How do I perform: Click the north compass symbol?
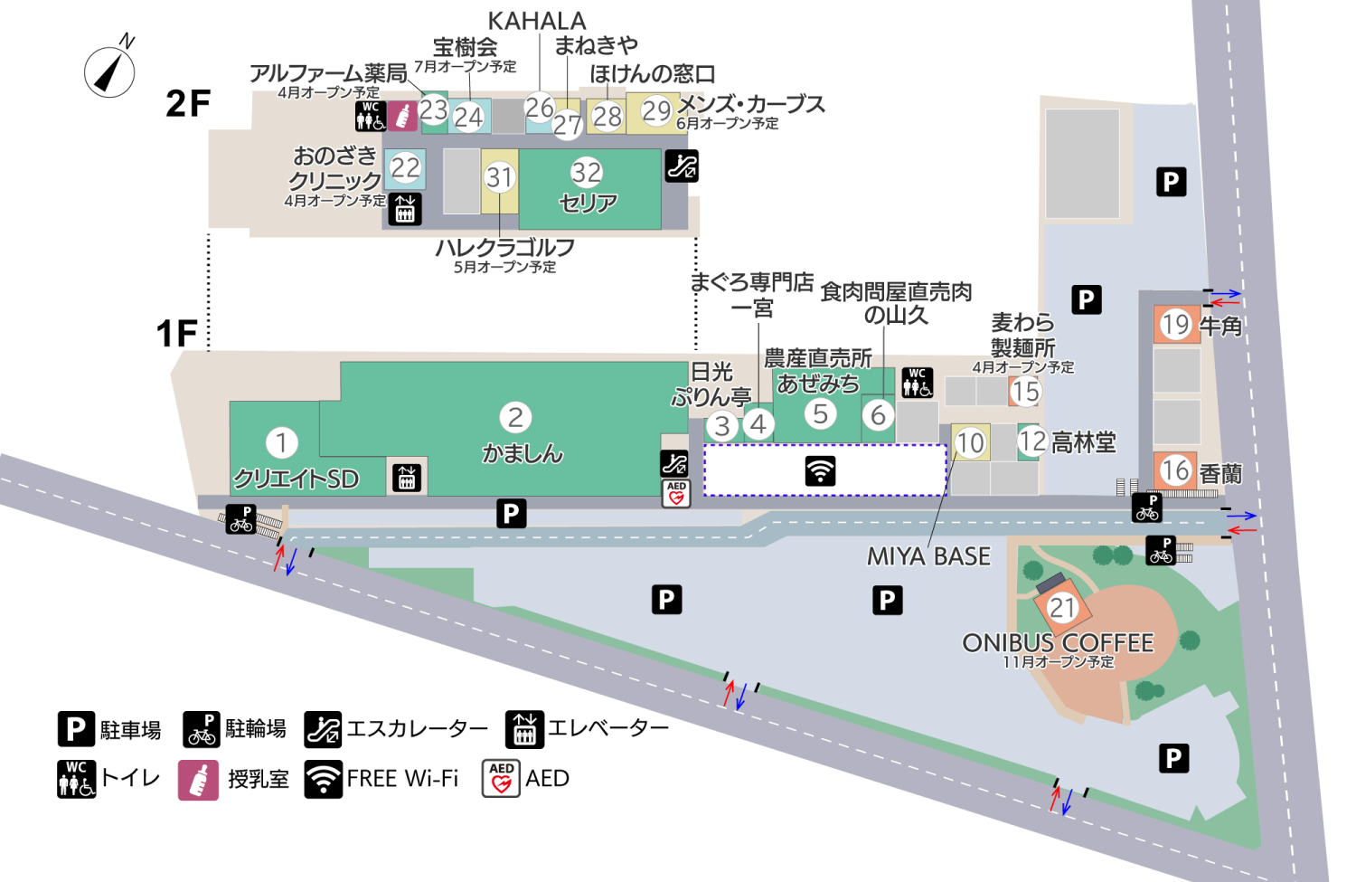(x=110, y=71)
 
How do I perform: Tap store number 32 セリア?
(x=587, y=173)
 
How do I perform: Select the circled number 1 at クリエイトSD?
(x=281, y=442)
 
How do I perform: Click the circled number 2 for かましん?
(x=515, y=417)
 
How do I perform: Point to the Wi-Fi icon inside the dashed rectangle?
(x=820, y=470)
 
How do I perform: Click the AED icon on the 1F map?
(x=676, y=493)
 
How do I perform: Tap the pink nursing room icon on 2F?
(x=403, y=116)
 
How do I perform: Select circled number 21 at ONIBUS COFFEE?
(x=1062, y=608)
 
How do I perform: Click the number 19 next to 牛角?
(x=1175, y=324)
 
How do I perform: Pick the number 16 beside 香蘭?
(x=1175, y=469)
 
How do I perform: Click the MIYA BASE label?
(x=928, y=556)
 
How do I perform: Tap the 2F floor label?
(x=188, y=104)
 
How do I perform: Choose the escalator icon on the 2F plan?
(x=682, y=166)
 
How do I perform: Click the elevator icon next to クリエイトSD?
(x=407, y=477)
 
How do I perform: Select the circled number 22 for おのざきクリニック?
(x=405, y=167)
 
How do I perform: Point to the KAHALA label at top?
(x=537, y=21)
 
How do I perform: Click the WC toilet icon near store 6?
(x=917, y=382)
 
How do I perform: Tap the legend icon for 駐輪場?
(x=202, y=729)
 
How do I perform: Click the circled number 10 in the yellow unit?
(x=970, y=442)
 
